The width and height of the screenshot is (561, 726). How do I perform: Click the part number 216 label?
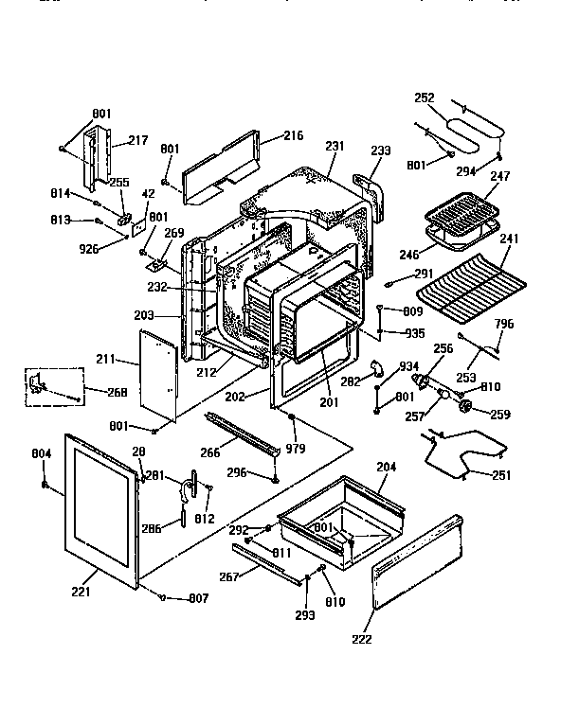pos(293,135)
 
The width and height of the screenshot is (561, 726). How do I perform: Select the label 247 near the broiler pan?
pos(499,176)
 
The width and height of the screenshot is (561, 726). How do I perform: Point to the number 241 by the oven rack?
pos(510,239)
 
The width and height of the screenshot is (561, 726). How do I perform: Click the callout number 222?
pos(362,639)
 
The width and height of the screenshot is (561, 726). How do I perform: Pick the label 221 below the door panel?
pos(81,593)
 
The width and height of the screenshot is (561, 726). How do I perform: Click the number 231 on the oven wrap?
pos(333,147)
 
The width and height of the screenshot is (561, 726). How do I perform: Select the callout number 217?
pos(138,140)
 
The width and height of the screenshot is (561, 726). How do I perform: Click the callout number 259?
pos(500,413)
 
